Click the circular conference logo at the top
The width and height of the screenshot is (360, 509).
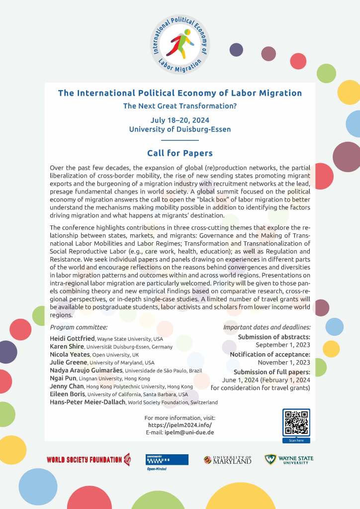click(180, 44)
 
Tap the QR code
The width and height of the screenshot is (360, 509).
click(296, 422)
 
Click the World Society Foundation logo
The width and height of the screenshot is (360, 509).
click(89, 459)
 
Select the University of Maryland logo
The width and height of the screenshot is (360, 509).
click(227, 460)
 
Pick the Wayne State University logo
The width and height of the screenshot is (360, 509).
click(289, 459)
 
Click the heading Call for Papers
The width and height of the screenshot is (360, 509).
click(180, 153)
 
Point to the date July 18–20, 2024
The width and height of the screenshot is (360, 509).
click(180, 120)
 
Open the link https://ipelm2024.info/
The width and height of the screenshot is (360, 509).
click(180, 425)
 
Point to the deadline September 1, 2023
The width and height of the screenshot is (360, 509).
click(283, 344)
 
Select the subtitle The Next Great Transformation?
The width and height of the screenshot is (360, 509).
click(180, 106)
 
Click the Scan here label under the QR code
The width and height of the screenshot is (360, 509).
click(296, 440)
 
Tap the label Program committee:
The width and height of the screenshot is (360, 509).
click(79, 327)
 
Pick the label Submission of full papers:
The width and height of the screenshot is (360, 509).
click(271, 372)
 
